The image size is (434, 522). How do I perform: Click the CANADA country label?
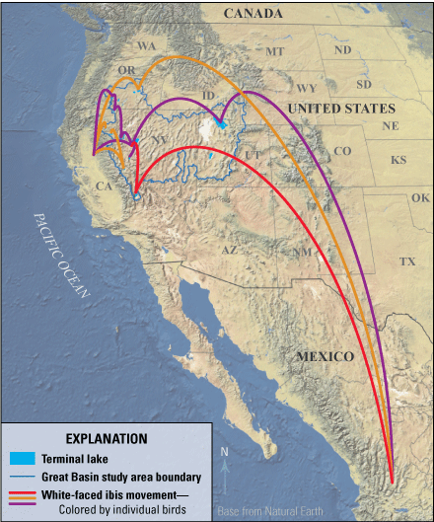(253, 14)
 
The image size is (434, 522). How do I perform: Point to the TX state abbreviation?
(407, 261)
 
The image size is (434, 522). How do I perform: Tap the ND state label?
(342, 50)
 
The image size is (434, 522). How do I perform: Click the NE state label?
(391, 126)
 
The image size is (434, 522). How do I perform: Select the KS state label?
(398, 160)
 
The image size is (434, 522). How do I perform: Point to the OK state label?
(420, 197)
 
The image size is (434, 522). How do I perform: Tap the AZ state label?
(229, 251)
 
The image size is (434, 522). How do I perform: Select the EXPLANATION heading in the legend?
(106, 438)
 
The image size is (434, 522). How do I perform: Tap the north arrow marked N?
(225, 469)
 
